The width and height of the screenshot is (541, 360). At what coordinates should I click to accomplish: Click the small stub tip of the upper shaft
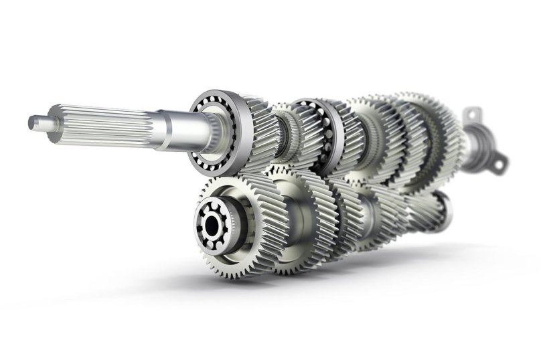(35, 123)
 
